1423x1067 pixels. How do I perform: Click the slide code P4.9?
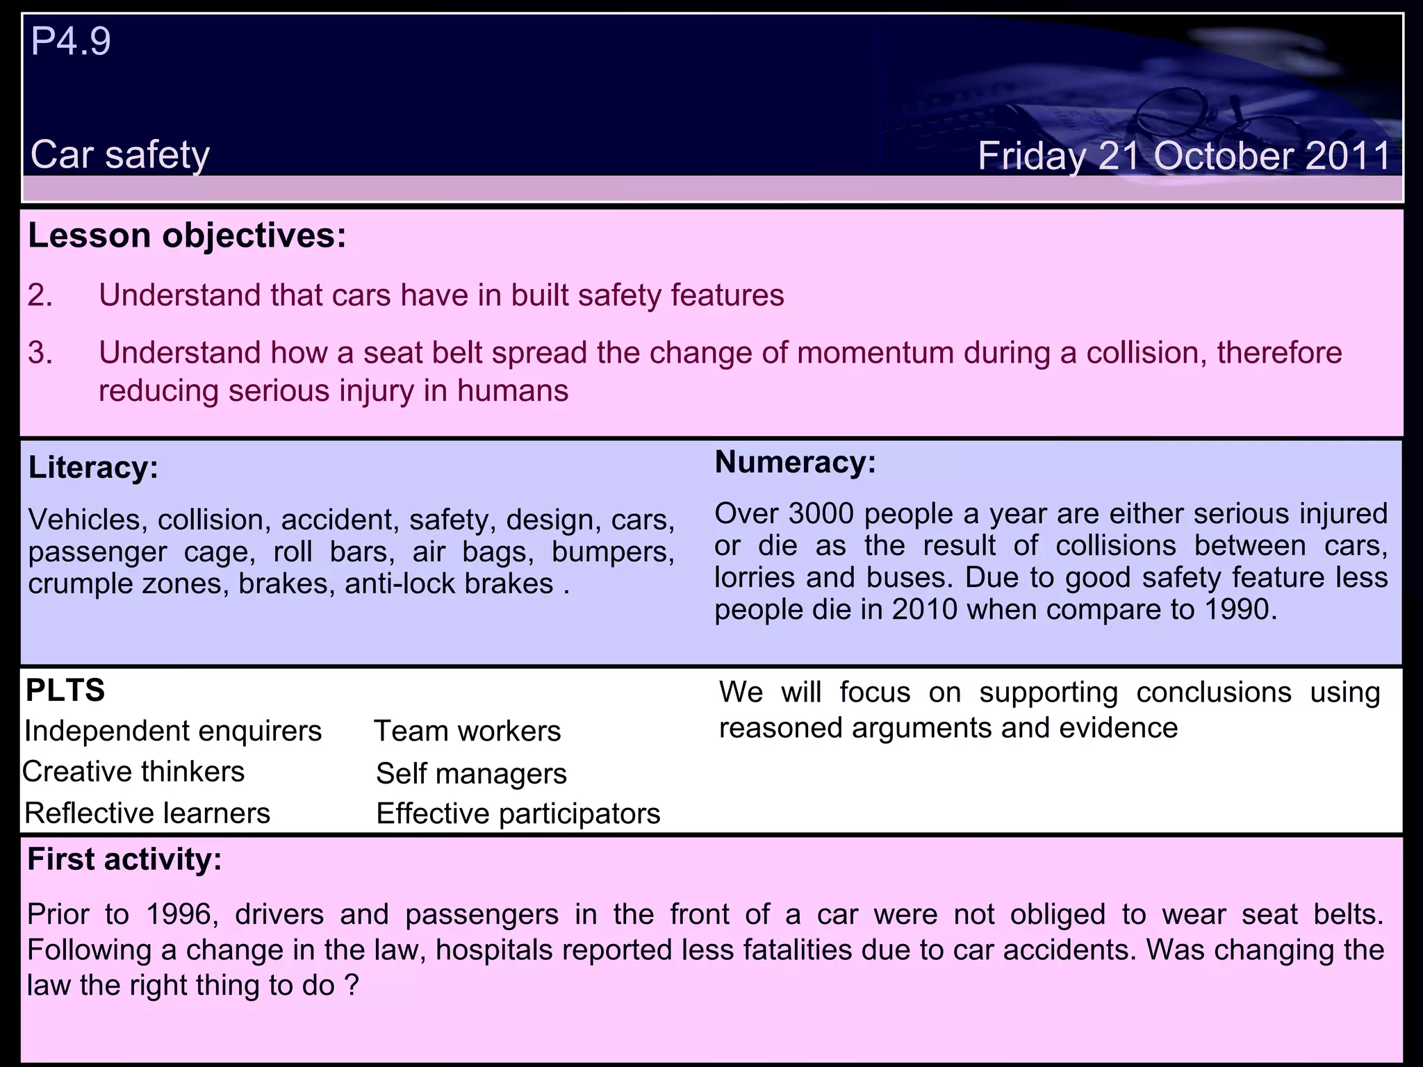click(x=71, y=42)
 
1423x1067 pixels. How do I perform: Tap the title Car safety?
click(x=120, y=155)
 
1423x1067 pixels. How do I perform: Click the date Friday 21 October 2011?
click(x=1184, y=156)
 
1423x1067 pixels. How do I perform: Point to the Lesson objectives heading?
click(x=187, y=236)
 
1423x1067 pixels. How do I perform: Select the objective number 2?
click(x=40, y=295)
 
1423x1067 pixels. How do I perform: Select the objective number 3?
click(x=40, y=353)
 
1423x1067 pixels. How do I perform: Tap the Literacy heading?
click(x=93, y=468)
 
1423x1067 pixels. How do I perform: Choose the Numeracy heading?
click(x=795, y=463)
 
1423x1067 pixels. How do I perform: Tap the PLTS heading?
click(x=65, y=690)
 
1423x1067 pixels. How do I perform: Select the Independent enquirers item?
click(x=173, y=731)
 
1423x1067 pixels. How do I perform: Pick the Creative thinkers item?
click(x=133, y=772)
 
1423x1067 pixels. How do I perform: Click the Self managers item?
click(x=471, y=774)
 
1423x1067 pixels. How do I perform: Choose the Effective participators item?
click(x=518, y=813)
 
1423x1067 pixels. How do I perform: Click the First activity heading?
click(x=124, y=860)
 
